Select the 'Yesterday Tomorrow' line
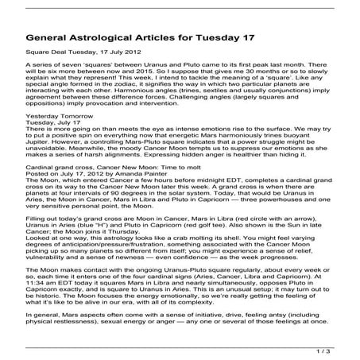tap(56, 116)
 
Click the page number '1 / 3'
tap(340, 348)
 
